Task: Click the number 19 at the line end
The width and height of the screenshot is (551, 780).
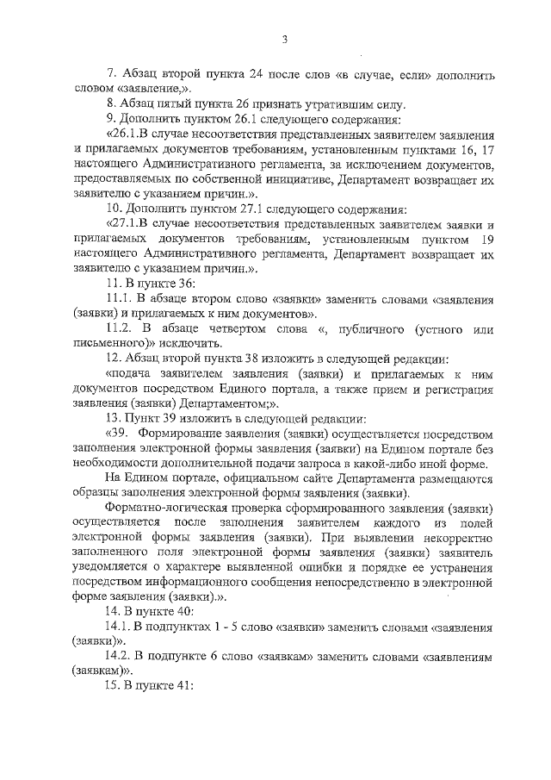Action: point(487,242)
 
